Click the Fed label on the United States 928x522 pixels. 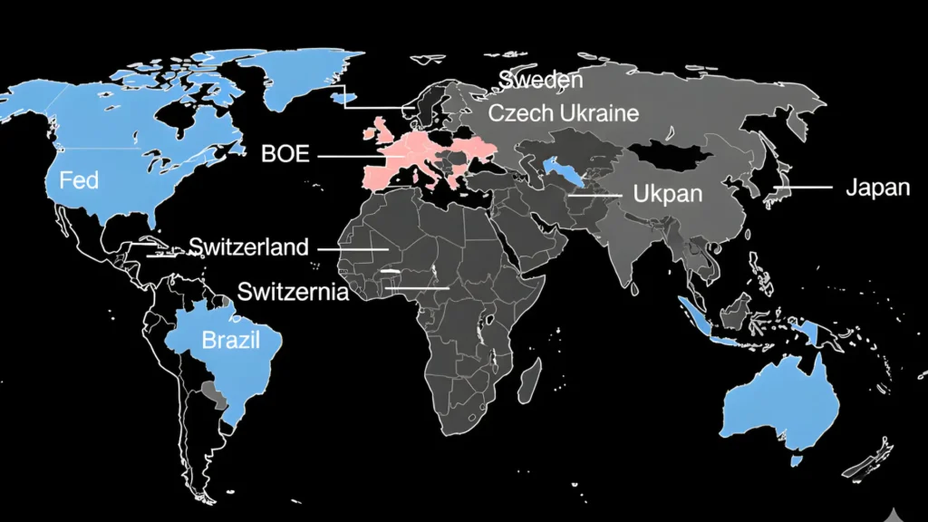coord(79,180)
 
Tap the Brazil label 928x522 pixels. coord(230,341)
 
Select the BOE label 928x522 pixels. coord(285,154)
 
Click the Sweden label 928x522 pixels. coord(540,80)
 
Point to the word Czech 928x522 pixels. coord(520,113)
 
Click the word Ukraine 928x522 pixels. coord(600,113)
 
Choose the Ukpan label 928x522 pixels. coord(667,194)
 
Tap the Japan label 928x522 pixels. coord(877,188)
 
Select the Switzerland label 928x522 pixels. coord(248,246)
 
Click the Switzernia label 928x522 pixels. coord(292,292)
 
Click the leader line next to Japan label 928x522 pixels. coord(802,188)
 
